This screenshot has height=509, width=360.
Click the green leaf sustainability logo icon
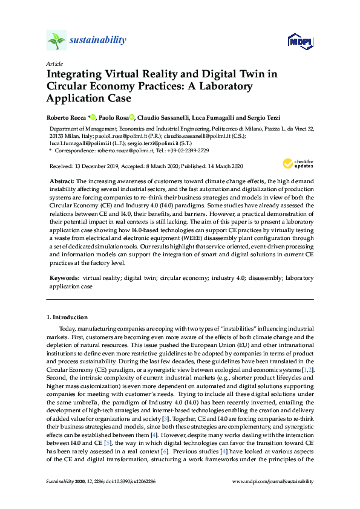tap(56, 41)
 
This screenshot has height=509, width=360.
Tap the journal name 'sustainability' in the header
tap(99, 41)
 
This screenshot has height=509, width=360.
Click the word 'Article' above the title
tap(54, 64)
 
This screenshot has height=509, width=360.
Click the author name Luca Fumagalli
tap(227, 117)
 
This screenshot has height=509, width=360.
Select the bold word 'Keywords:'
tap(65, 279)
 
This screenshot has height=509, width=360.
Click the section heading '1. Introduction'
tap(67, 317)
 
